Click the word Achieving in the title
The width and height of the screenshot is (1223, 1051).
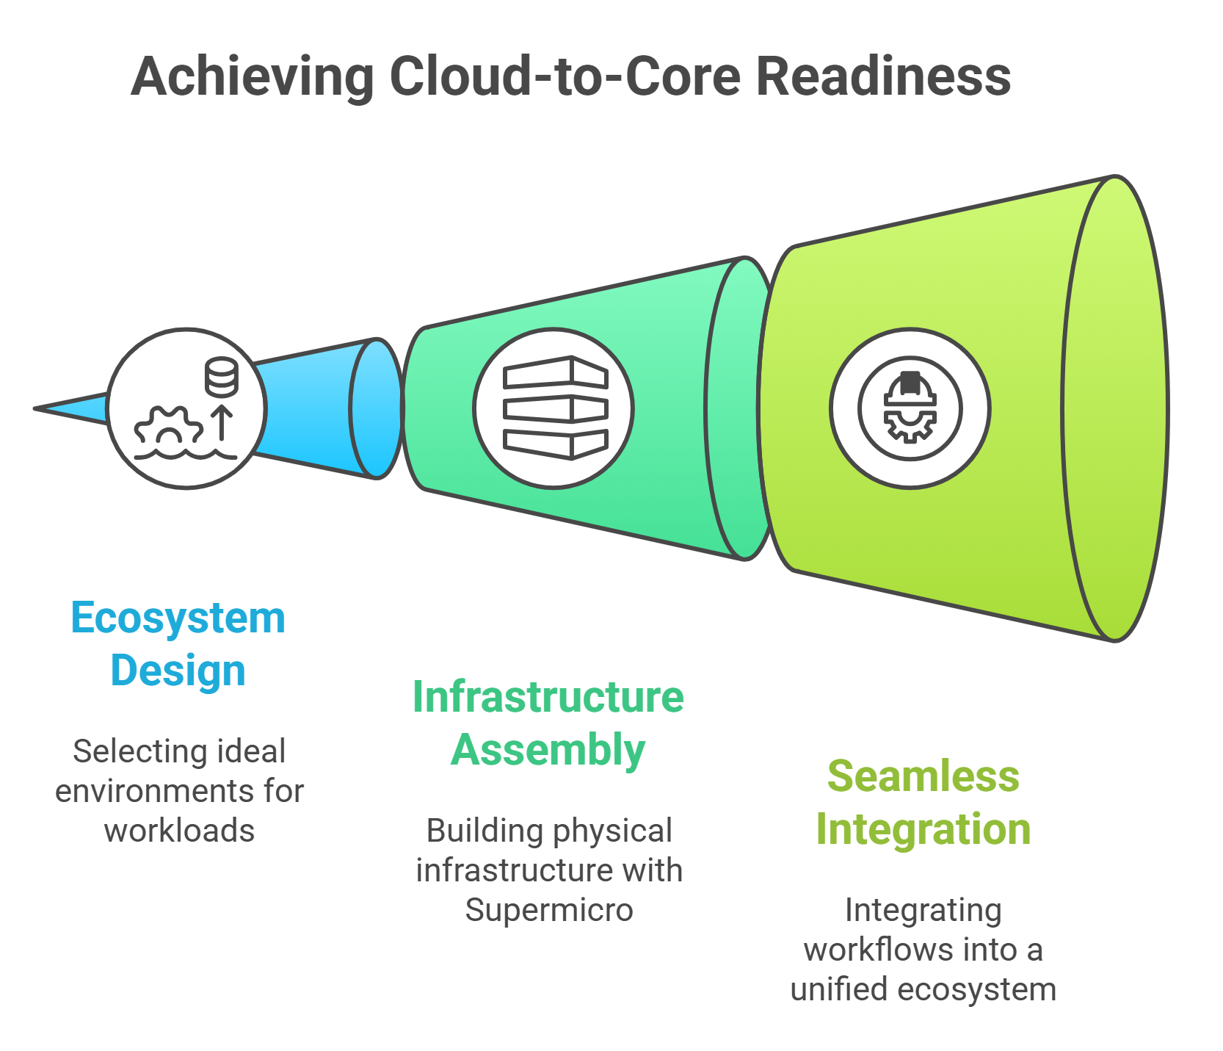(253, 76)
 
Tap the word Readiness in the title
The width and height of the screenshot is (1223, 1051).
(883, 76)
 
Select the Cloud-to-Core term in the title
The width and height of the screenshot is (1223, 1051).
(565, 76)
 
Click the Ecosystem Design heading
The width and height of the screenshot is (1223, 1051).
(178, 644)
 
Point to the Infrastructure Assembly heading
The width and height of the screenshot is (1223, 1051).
(548, 723)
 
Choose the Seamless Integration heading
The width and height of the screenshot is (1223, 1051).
(923, 802)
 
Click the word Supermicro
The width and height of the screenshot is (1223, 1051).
(549, 910)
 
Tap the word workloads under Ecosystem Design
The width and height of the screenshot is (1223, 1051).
(179, 831)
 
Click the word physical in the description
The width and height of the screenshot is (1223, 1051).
(612, 831)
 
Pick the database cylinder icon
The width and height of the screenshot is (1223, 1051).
(221, 377)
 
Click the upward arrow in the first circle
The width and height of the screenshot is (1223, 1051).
(222, 424)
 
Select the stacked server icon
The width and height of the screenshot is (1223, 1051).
(556, 408)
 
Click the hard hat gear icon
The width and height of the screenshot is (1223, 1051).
(910, 408)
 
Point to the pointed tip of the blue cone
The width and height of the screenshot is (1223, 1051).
(35, 408)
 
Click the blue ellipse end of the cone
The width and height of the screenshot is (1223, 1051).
(377, 408)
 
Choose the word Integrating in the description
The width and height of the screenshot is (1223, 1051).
(923, 910)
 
